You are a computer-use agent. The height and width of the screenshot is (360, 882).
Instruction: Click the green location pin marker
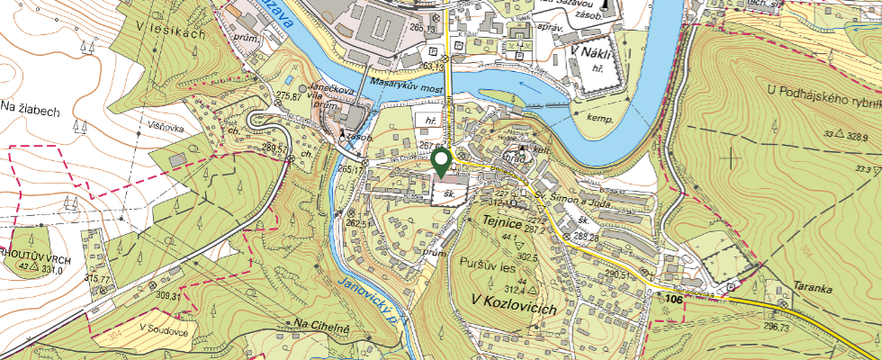(x=441, y=161)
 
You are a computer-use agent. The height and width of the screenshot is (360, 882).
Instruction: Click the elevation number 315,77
(x=96, y=279)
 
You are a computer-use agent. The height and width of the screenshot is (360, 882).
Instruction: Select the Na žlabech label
(x=30, y=109)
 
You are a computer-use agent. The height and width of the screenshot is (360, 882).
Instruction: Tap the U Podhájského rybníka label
(x=823, y=89)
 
